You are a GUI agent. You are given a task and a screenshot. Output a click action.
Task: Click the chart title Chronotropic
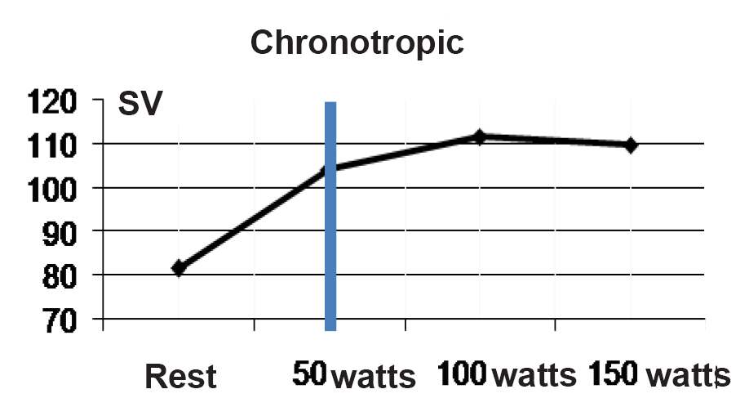pyautogui.click(x=357, y=42)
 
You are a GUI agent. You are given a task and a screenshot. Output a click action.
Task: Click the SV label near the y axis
pyautogui.click(x=140, y=105)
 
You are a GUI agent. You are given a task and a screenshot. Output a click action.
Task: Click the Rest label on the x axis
pyautogui.click(x=180, y=378)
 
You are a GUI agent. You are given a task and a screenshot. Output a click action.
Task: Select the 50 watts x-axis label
pyautogui.click(x=354, y=377)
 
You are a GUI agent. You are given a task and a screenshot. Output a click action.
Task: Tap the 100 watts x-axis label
pyautogui.click(x=507, y=376)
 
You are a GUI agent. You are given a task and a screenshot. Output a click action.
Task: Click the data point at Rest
pyautogui.click(x=179, y=267)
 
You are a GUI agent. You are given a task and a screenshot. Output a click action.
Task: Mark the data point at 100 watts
pyautogui.click(x=480, y=137)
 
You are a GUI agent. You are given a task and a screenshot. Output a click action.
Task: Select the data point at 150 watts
pyautogui.click(x=630, y=145)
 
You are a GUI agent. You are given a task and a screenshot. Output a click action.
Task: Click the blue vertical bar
pyautogui.click(x=330, y=245)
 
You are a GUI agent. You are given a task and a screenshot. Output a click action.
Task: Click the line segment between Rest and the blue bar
pyautogui.click(x=253, y=218)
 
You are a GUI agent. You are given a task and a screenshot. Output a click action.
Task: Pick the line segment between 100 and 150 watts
pyautogui.click(x=555, y=141)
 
